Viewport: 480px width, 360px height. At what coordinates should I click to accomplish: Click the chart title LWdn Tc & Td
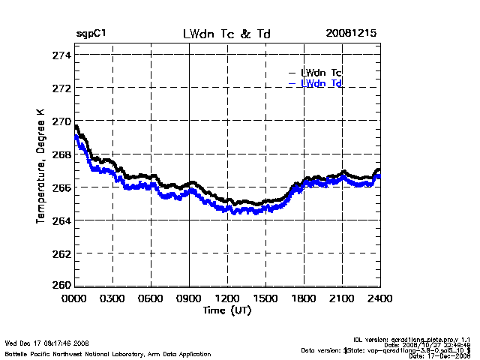pos(227,34)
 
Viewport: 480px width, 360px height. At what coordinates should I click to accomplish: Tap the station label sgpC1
pos(91,34)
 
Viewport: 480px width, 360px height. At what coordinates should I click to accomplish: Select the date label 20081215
pos(351,34)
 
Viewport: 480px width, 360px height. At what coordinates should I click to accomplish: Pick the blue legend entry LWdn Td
pos(322,83)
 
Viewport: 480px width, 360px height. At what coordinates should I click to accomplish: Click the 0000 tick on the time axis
pos(74,298)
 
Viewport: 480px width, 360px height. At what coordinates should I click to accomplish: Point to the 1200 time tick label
pos(227,298)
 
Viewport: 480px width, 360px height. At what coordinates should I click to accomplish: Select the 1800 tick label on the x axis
pos(304,298)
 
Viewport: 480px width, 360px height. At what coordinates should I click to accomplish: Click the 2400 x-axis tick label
pos(379,298)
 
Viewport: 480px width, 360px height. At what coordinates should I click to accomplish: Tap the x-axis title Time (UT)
pos(227,309)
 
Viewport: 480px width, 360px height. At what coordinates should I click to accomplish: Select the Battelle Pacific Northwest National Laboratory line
pos(108,353)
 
